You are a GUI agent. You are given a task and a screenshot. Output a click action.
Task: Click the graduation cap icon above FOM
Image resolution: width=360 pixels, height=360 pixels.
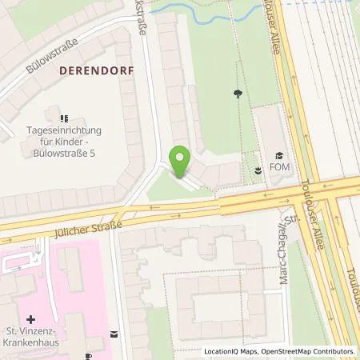[x=279, y=156]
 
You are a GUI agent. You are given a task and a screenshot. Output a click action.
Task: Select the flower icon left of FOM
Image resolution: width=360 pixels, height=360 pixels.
[x=257, y=170]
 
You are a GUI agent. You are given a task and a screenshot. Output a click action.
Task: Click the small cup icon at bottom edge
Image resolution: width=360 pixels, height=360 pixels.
[x=88, y=356]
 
